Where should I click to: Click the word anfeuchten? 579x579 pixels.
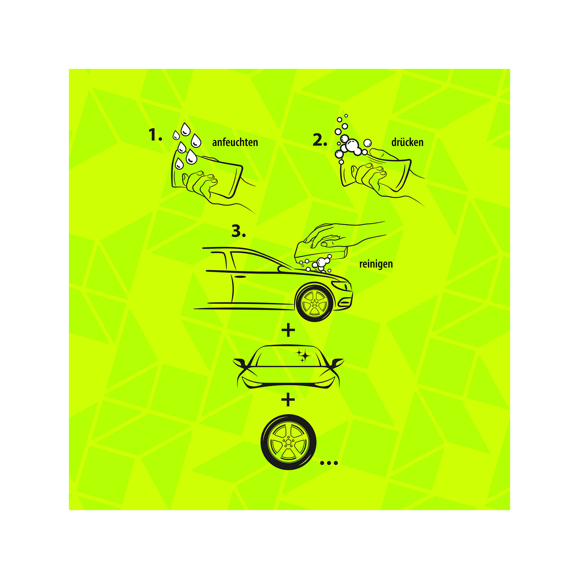[235, 142]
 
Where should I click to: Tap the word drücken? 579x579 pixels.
[407, 142]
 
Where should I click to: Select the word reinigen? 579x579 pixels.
[376, 264]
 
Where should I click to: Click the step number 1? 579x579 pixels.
[155, 135]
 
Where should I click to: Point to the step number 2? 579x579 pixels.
[320, 140]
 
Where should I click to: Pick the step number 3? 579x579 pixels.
[239, 231]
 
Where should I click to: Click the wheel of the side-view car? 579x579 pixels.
[314, 303]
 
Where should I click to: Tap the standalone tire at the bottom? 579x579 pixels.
[288, 442]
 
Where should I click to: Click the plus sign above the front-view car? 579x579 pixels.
[288, 330]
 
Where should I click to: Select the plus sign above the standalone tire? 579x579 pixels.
[288, 400]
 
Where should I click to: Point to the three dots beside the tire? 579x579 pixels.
[329, 463]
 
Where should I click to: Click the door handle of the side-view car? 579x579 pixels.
[240, 277]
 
